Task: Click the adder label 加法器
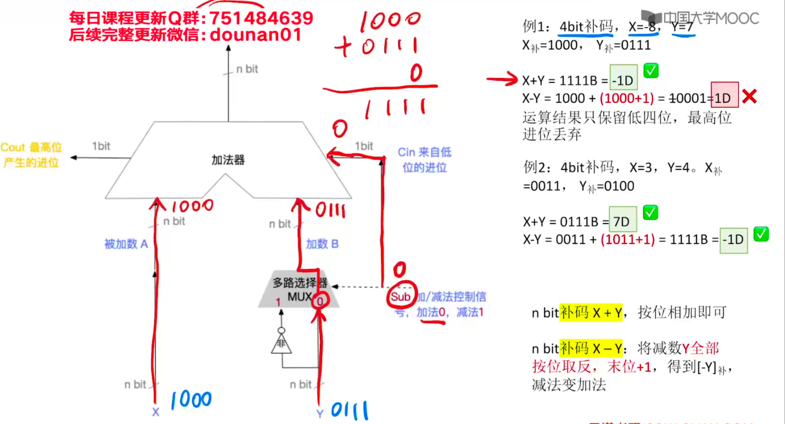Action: click(228, 160)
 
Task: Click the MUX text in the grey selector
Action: click(299, 297)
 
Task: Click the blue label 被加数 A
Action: click(126, 244)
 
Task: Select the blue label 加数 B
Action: click(322, 244)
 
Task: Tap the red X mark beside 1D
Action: click(749, 97)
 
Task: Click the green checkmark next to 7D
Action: click(650, 213)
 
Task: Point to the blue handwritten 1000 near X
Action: click(191, 400)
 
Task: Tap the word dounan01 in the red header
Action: click(255, 34)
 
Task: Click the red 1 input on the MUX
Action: click(278, 302)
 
